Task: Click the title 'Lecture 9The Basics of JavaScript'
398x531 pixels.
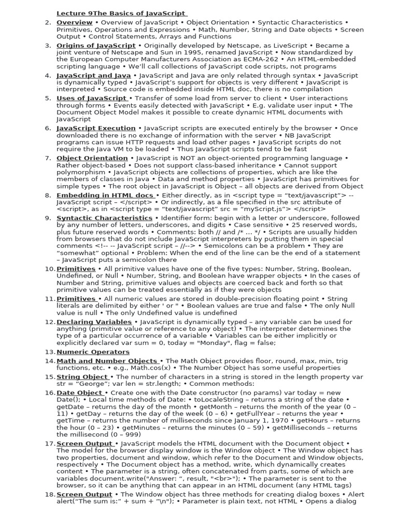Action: pos(121,13)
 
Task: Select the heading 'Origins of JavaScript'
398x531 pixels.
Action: pos(96,46)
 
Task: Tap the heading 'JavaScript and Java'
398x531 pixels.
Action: pos(93,76)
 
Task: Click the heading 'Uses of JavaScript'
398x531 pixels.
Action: pos(92,98)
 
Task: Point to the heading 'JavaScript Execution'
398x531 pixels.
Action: pos(96,128)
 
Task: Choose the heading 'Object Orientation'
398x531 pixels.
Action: pos(92,158)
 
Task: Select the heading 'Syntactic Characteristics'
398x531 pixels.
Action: pos(104,218)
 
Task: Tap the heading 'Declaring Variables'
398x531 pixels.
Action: pos(94,322)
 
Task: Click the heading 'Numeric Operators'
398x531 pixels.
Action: pos(93,352)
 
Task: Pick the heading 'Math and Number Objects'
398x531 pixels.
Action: pos(107,361)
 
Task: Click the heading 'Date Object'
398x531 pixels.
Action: pos(80,393)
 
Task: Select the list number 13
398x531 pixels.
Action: pos(50,352)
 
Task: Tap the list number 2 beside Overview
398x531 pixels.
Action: pos(48,23)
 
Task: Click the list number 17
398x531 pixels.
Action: pos(50,444)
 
